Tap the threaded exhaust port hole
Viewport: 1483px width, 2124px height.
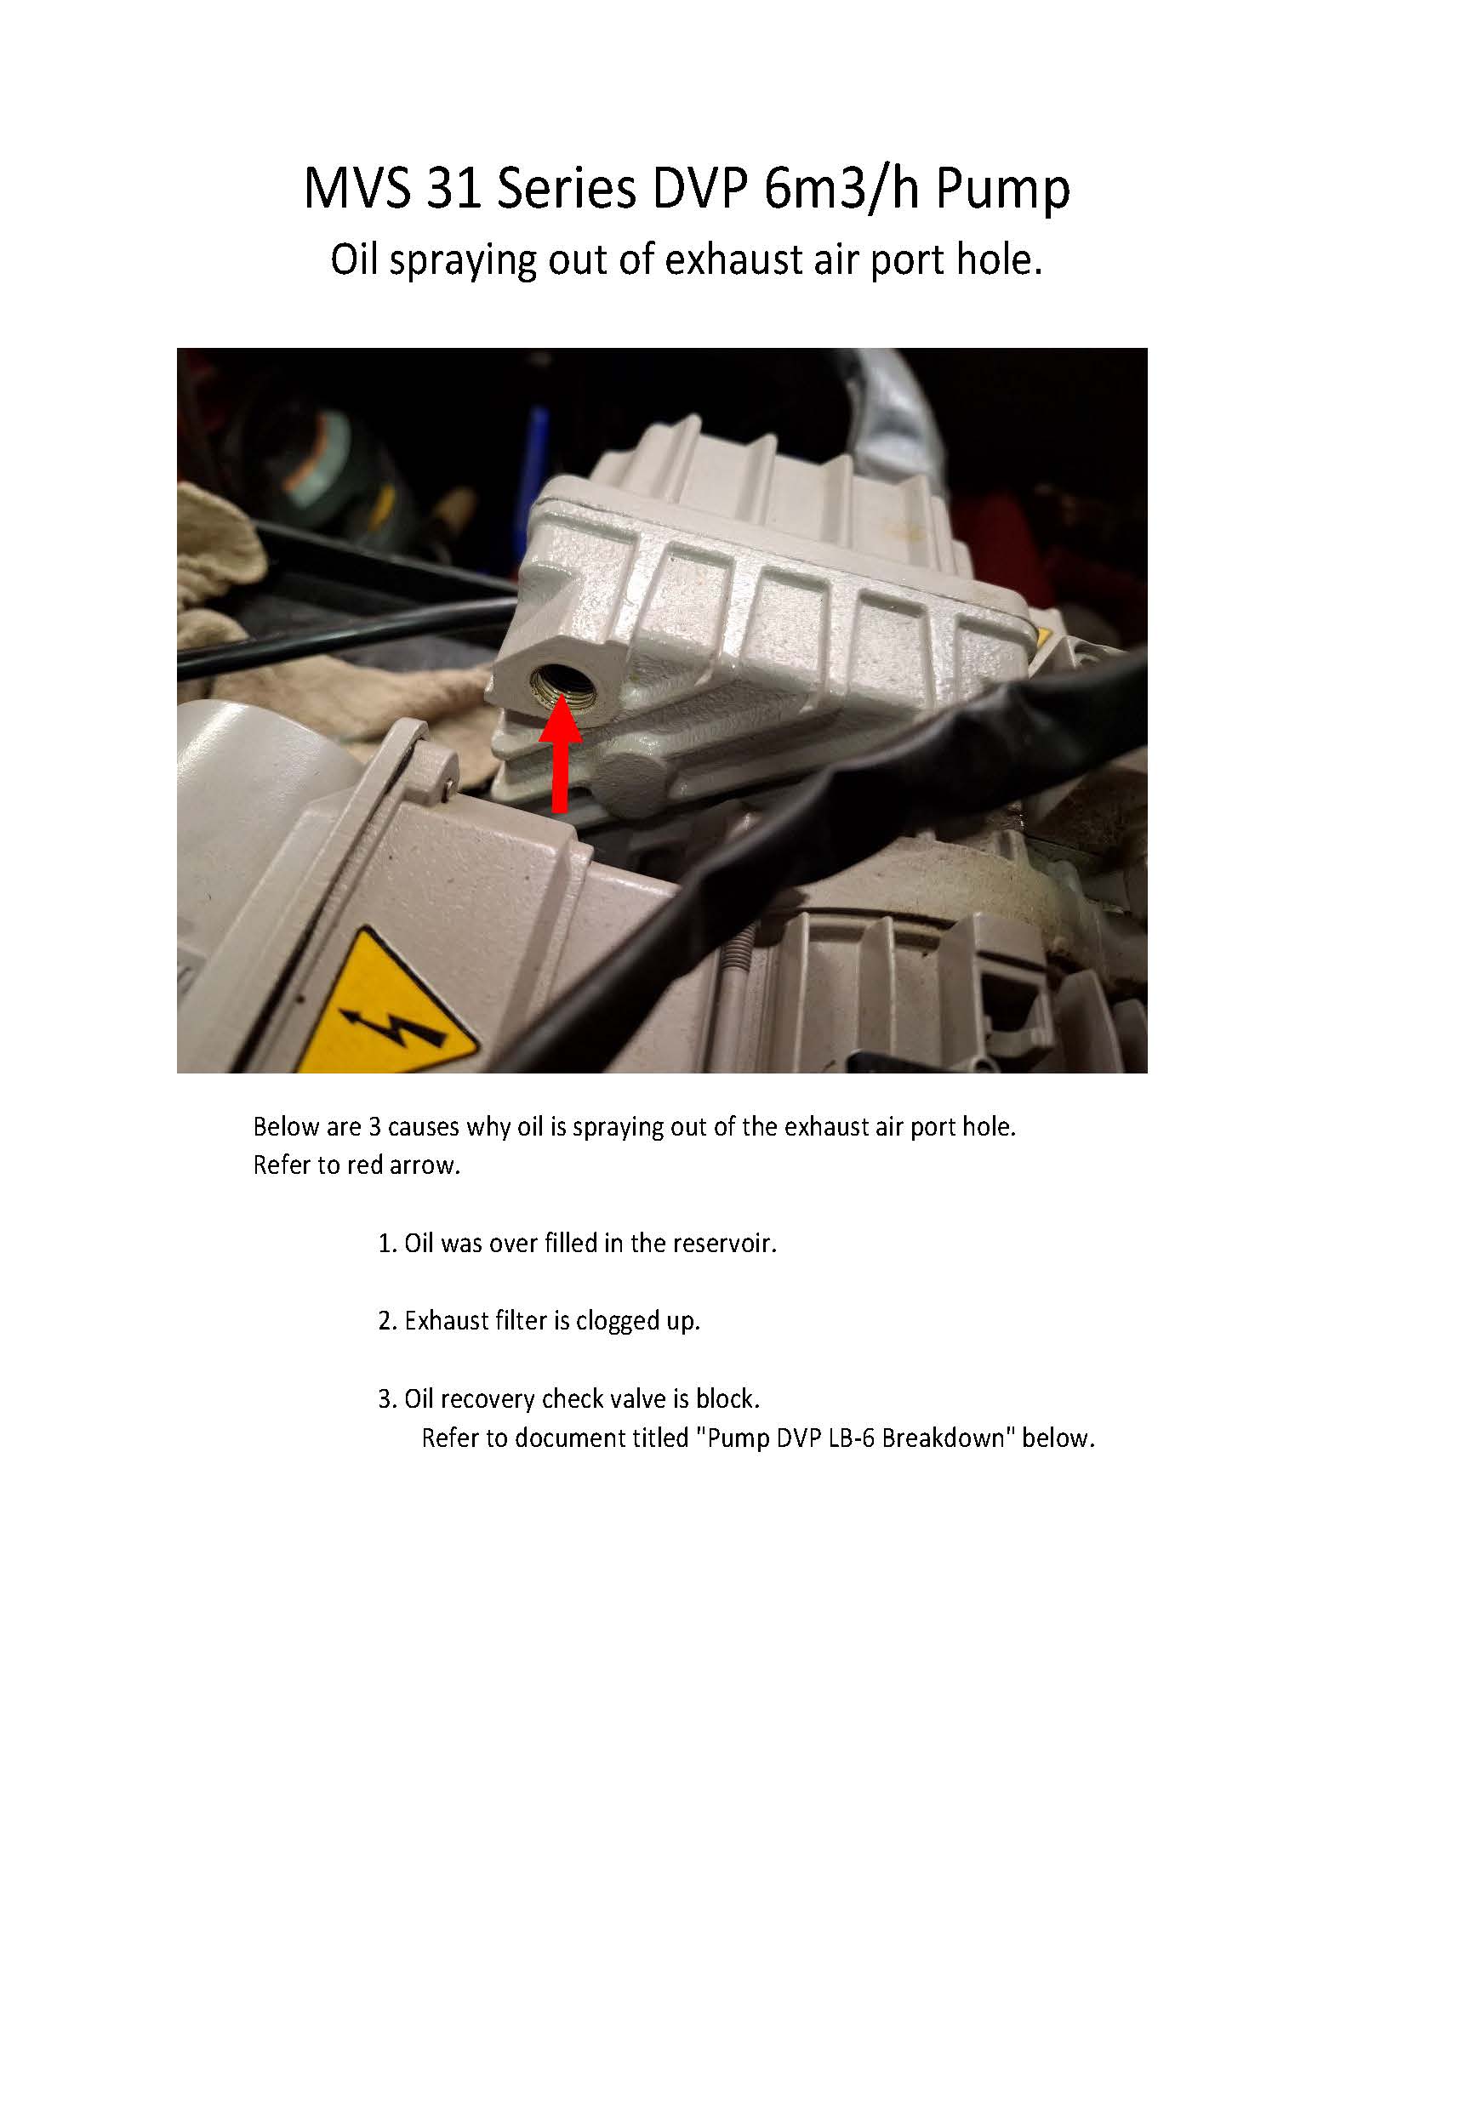tap(562, 687)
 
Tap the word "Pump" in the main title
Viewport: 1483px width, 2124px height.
tap(1003, 191)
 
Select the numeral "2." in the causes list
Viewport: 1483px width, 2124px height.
tap(387, 1321)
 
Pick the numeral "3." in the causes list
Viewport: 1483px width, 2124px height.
tap(387, 1398)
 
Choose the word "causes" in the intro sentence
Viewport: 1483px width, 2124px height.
tap(424, 1128)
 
